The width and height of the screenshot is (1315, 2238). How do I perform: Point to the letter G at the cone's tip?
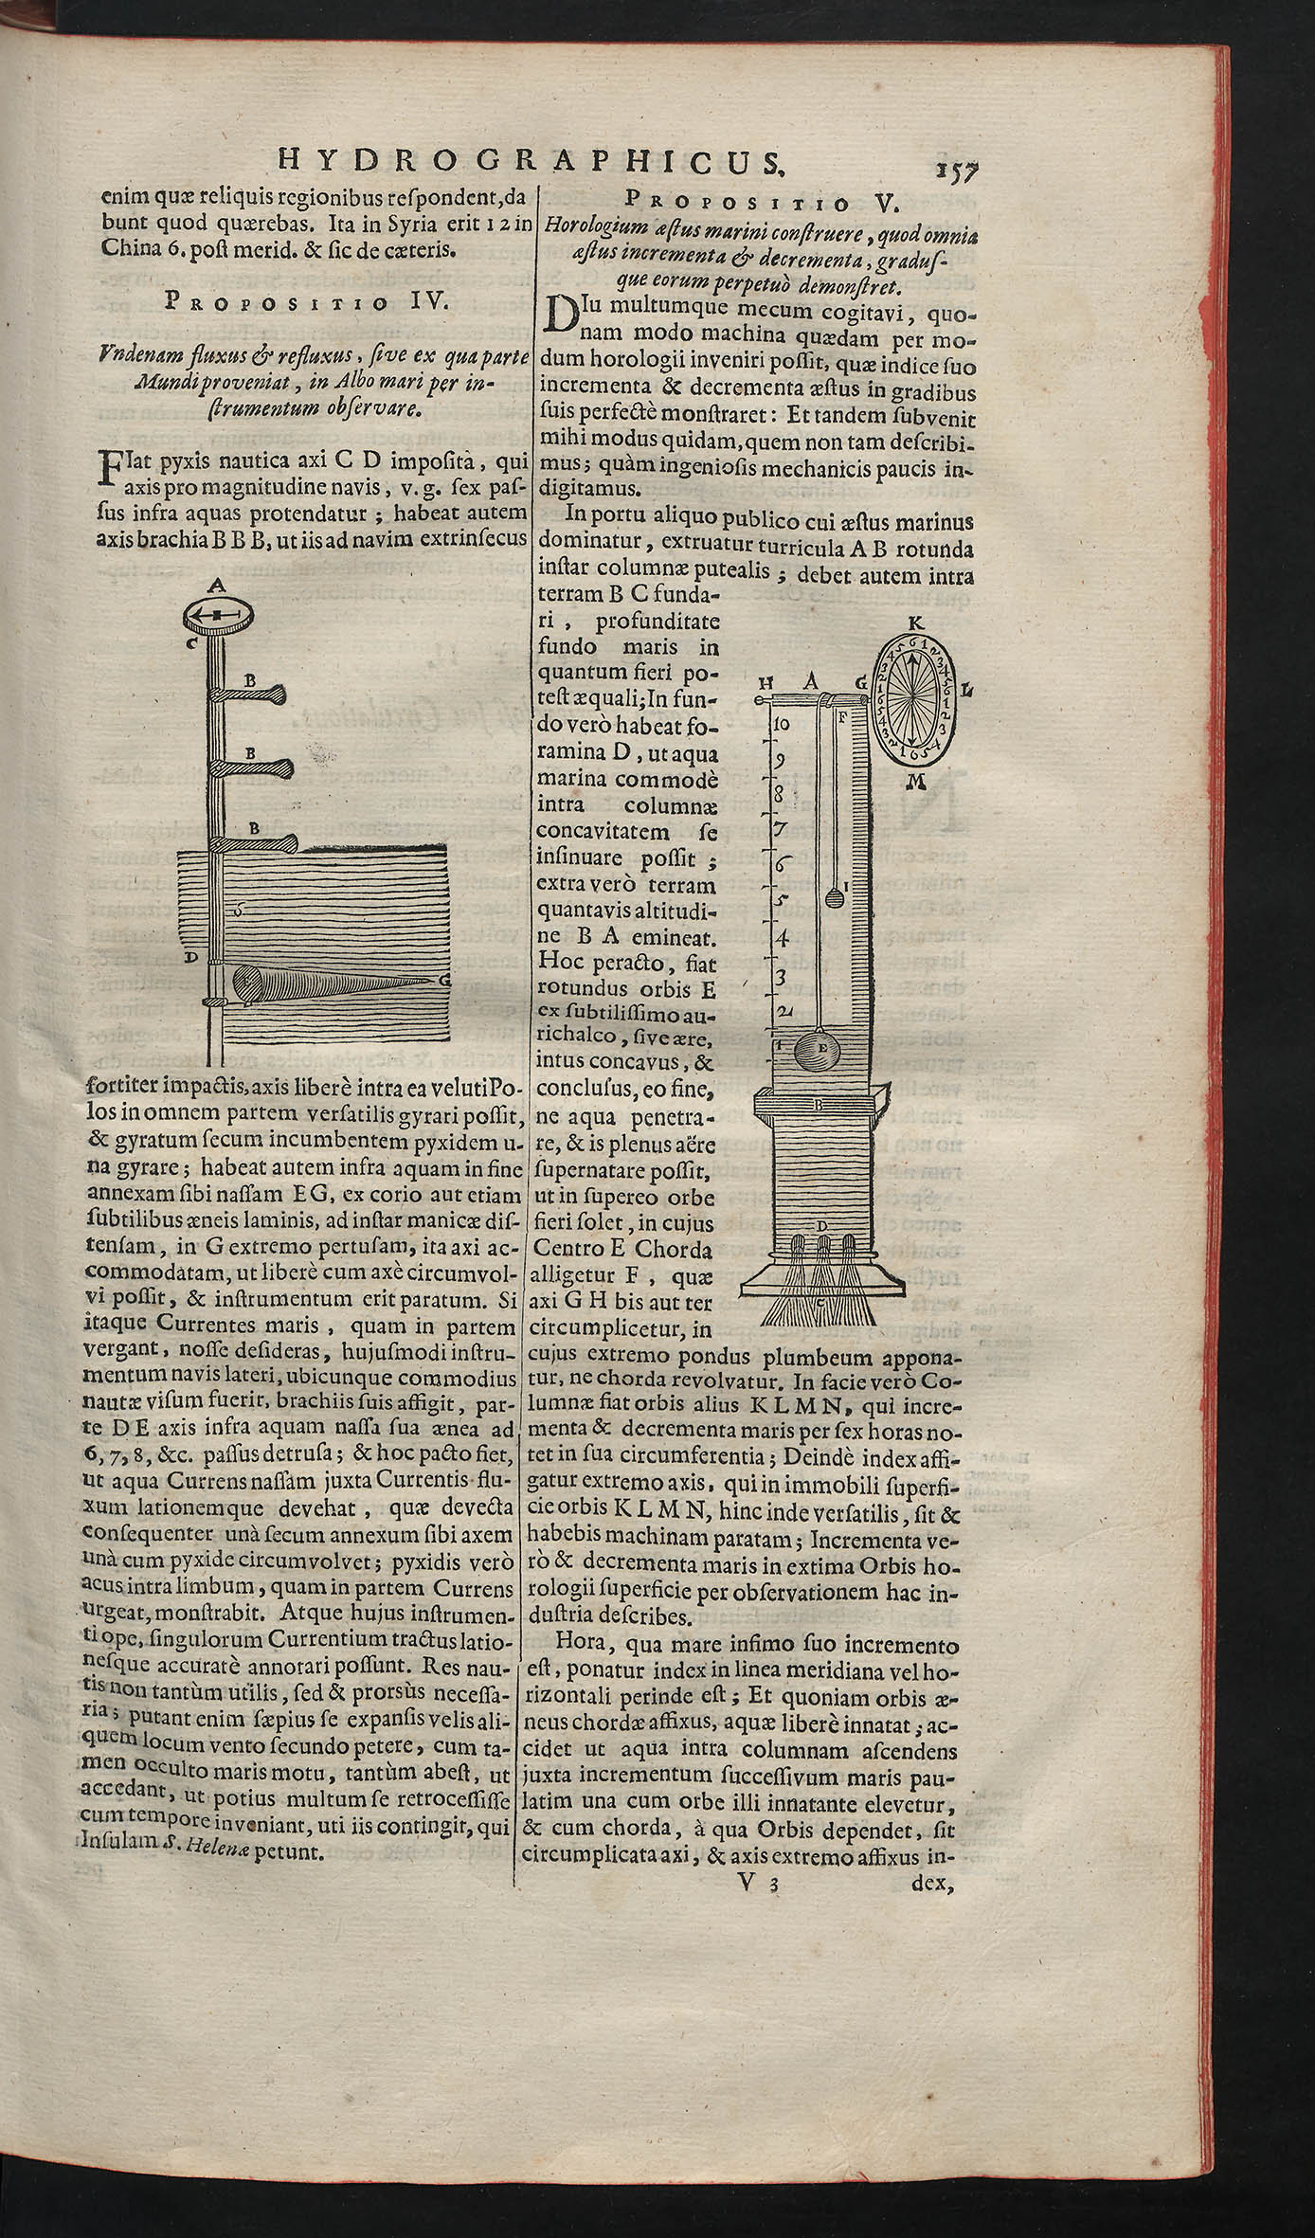[x=443, y=982]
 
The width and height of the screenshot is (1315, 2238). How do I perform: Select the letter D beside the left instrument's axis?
[x=190, y=958]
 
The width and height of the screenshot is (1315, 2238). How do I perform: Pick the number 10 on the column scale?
[x=783, y=724]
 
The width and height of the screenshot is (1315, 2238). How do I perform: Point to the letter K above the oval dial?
[x=914, y=623]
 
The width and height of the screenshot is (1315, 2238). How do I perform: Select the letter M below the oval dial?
[x=915, y=780]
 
